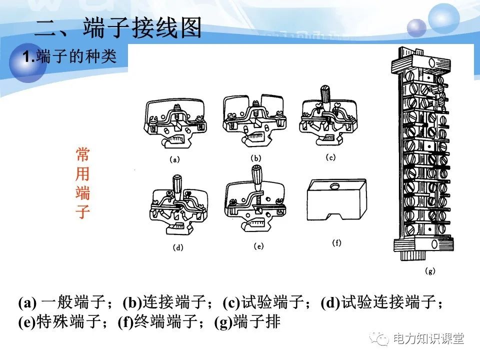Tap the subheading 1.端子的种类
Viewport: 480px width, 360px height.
point(70,57)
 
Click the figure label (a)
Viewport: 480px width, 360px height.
point(174,161)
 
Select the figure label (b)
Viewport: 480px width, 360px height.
point(255,158)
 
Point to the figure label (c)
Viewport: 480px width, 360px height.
point(330,157)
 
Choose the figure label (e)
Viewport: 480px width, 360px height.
point(258,246)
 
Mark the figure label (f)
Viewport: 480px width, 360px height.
point(337,243)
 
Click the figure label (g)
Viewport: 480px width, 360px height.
point(430,271)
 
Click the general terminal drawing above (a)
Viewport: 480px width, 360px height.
point(175,122)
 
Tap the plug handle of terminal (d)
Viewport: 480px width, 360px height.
point(176,182)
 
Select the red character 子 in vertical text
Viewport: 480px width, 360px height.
point(82,212)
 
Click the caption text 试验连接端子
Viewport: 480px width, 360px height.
point(387,303)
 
